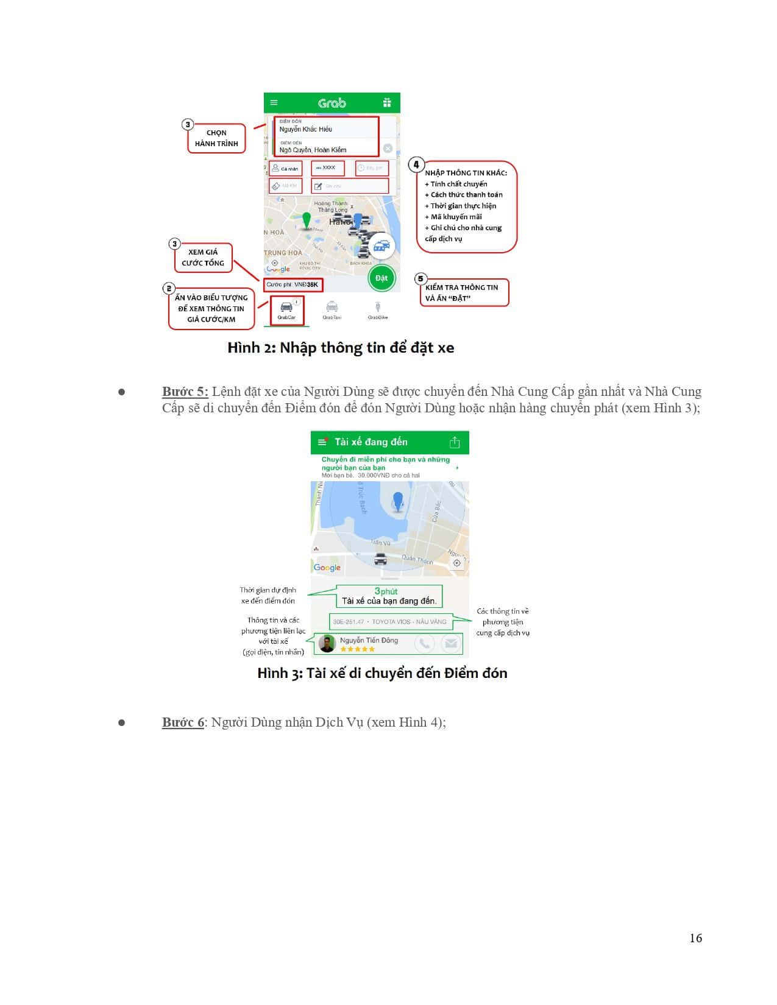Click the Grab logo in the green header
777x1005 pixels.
point(332,103)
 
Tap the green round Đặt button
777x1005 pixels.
point(381,278)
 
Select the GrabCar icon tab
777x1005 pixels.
point(286,309)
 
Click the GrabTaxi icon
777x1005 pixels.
point(332,309)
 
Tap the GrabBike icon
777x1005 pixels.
point(378,309)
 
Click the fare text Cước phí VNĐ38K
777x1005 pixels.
point(292,284)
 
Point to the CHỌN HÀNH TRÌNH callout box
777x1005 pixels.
point(216,138)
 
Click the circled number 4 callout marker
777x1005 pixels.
point(416,164)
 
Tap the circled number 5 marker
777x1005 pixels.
point(420,279)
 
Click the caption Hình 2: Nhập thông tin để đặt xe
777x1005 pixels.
point(341,348)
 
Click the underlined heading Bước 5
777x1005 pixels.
point(185,392)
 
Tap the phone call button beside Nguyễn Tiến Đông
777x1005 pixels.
point(424,643)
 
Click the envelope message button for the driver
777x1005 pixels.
point(451,643)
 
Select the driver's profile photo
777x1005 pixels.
point(327,643)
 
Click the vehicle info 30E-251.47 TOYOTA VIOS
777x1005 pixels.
point(389,622)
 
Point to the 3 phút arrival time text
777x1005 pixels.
point(386,591)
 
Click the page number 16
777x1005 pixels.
point(695,938)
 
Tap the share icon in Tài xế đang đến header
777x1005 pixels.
point(455,442)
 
